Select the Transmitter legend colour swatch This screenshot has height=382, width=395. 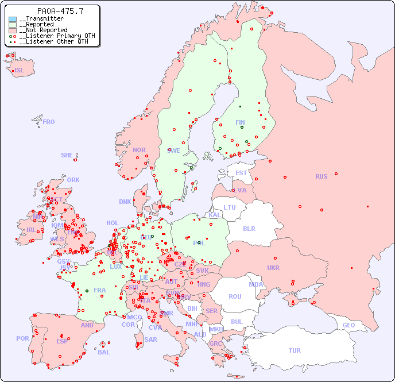point(13,19)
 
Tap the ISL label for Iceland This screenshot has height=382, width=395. point(20,71)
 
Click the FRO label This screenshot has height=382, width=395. point(49,122)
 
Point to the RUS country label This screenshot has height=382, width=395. point(321,176)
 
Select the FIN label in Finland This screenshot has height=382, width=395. point(240,122)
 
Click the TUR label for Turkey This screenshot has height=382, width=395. point(295,350)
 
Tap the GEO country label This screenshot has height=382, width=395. point(348,325)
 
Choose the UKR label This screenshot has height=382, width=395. point(273,268)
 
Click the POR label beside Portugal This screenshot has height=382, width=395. point(22,338)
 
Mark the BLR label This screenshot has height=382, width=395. point(249,228)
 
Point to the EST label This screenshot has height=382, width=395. point(241,173)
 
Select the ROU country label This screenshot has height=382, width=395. point(235,296)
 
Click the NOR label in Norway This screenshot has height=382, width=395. point(139,150)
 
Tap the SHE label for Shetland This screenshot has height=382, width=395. point(67,155)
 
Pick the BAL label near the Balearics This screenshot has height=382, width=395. point(104,352)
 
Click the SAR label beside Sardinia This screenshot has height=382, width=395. point(150,339)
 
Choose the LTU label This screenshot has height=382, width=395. point(230,207)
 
